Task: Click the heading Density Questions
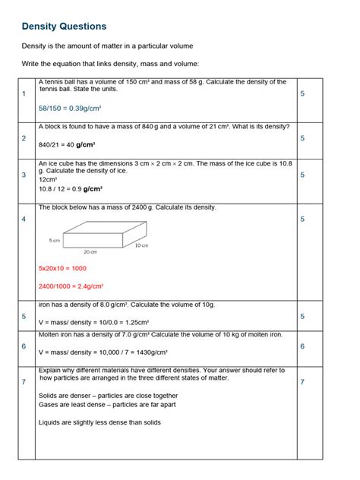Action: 64,27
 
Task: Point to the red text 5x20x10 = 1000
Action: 62,268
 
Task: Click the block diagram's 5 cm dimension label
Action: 54,240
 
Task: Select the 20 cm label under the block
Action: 90,252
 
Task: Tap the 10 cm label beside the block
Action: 141,245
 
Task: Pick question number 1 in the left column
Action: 24,93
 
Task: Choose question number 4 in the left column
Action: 24,219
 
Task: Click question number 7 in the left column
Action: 24,382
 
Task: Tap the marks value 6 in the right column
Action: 302,346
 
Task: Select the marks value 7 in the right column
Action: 302,382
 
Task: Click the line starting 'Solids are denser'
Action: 108,396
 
